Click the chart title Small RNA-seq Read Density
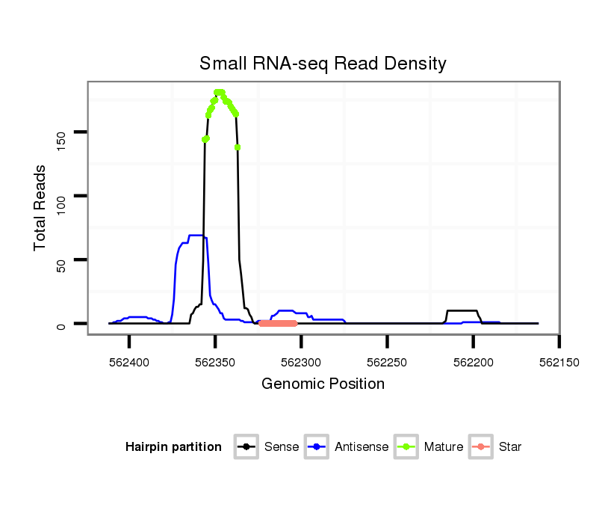point(323,64)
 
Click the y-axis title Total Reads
point(40,207)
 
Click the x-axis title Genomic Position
point(323,384)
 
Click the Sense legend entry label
point(282,447)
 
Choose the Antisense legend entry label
point(362,447)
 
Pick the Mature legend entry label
point(444,447)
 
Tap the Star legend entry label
point(509,447)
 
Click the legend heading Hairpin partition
point(173,447)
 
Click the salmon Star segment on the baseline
point(278,324)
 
